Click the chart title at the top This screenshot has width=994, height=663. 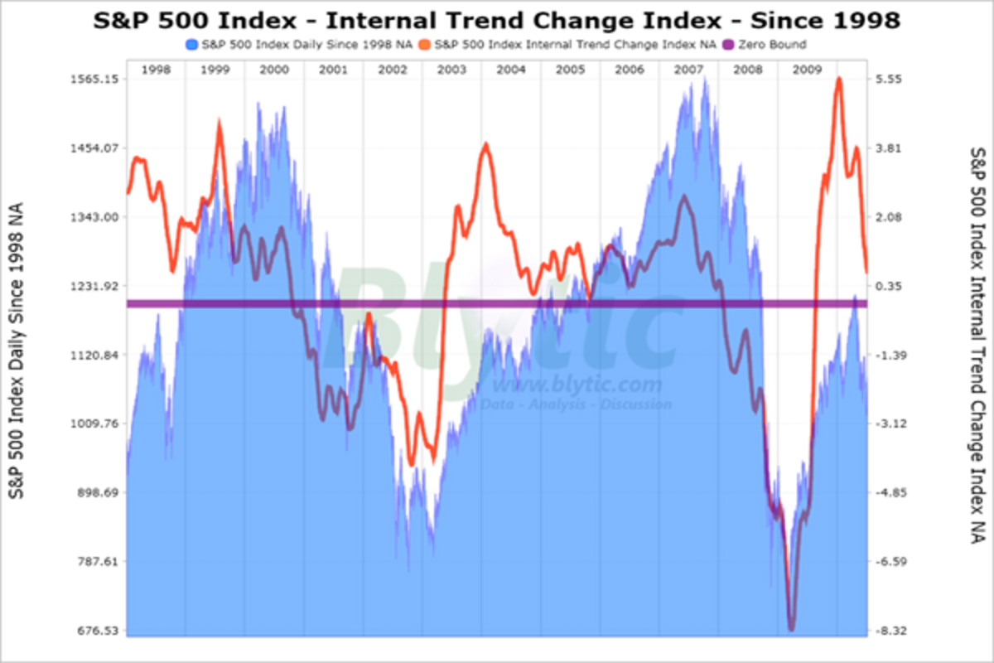pyautogui.click(x=496, y=19)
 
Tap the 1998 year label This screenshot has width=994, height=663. pyautogui.click(x=156, y=70)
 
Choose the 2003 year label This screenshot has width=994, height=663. pyautogui.click(x=451, y=70)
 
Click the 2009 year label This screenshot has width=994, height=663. pyautogui.click(x=808, y=70)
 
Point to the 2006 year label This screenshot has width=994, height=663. pyautogui.click(x=630, y=70)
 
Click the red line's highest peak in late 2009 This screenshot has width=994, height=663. pyautogui.click(x=839, y=79)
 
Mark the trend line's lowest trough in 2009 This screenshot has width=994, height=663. pyautogui.click(x=791, y=629)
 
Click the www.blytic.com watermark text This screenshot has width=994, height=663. pyautogui.click(x=578, y=385)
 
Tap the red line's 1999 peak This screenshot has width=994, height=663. pyautogui.click(x=220, y=123)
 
